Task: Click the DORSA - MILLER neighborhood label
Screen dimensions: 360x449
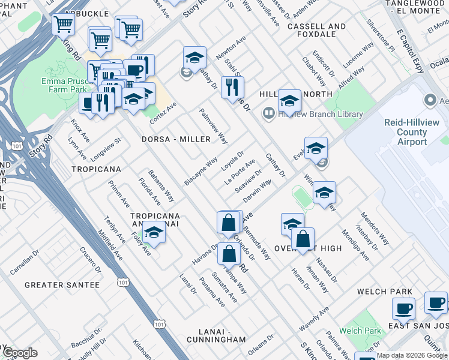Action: [176, 139]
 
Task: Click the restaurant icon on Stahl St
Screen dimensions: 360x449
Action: [229, 87]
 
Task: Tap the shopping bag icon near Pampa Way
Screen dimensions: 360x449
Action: [229, 254]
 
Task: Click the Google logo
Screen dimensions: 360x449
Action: [20, 353]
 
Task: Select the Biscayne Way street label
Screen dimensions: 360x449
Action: [200, 172]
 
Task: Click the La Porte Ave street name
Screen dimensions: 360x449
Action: [240, 171]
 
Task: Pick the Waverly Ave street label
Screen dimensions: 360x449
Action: [314, 319]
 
